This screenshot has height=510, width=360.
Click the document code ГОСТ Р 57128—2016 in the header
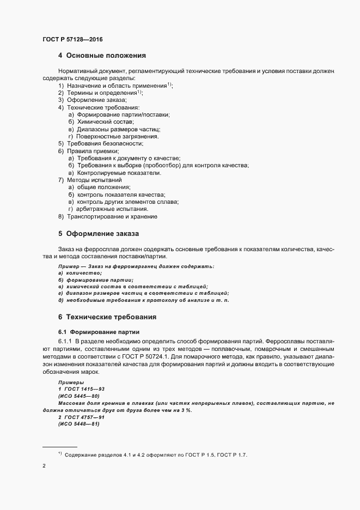[72, 39]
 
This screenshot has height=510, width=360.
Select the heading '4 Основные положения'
[101, 55]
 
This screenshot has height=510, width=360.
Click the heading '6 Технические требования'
[107, 317]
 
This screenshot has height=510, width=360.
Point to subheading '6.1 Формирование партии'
[98, 331]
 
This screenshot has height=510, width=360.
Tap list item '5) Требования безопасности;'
[100, 143]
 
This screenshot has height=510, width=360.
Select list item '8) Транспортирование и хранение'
[107, 216]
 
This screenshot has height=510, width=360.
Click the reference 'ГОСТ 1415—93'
[83, 390]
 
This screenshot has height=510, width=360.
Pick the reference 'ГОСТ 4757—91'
[83, 416]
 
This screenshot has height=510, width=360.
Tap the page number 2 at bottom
[44, 466]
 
